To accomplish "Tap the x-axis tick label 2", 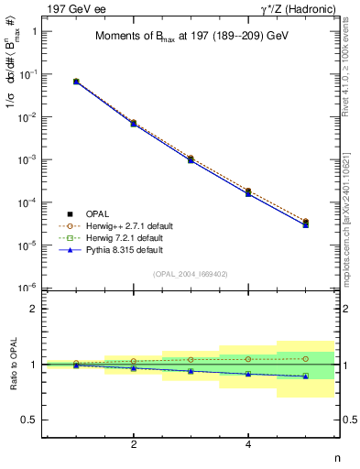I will coord(134,444).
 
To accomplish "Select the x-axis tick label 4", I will coord(249,444).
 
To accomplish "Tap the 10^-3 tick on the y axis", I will coord(30,159).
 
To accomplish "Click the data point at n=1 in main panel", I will coord(76,82).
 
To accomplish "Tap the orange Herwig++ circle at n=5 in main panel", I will coord(306,221).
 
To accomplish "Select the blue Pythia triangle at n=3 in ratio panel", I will coord(191,371).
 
